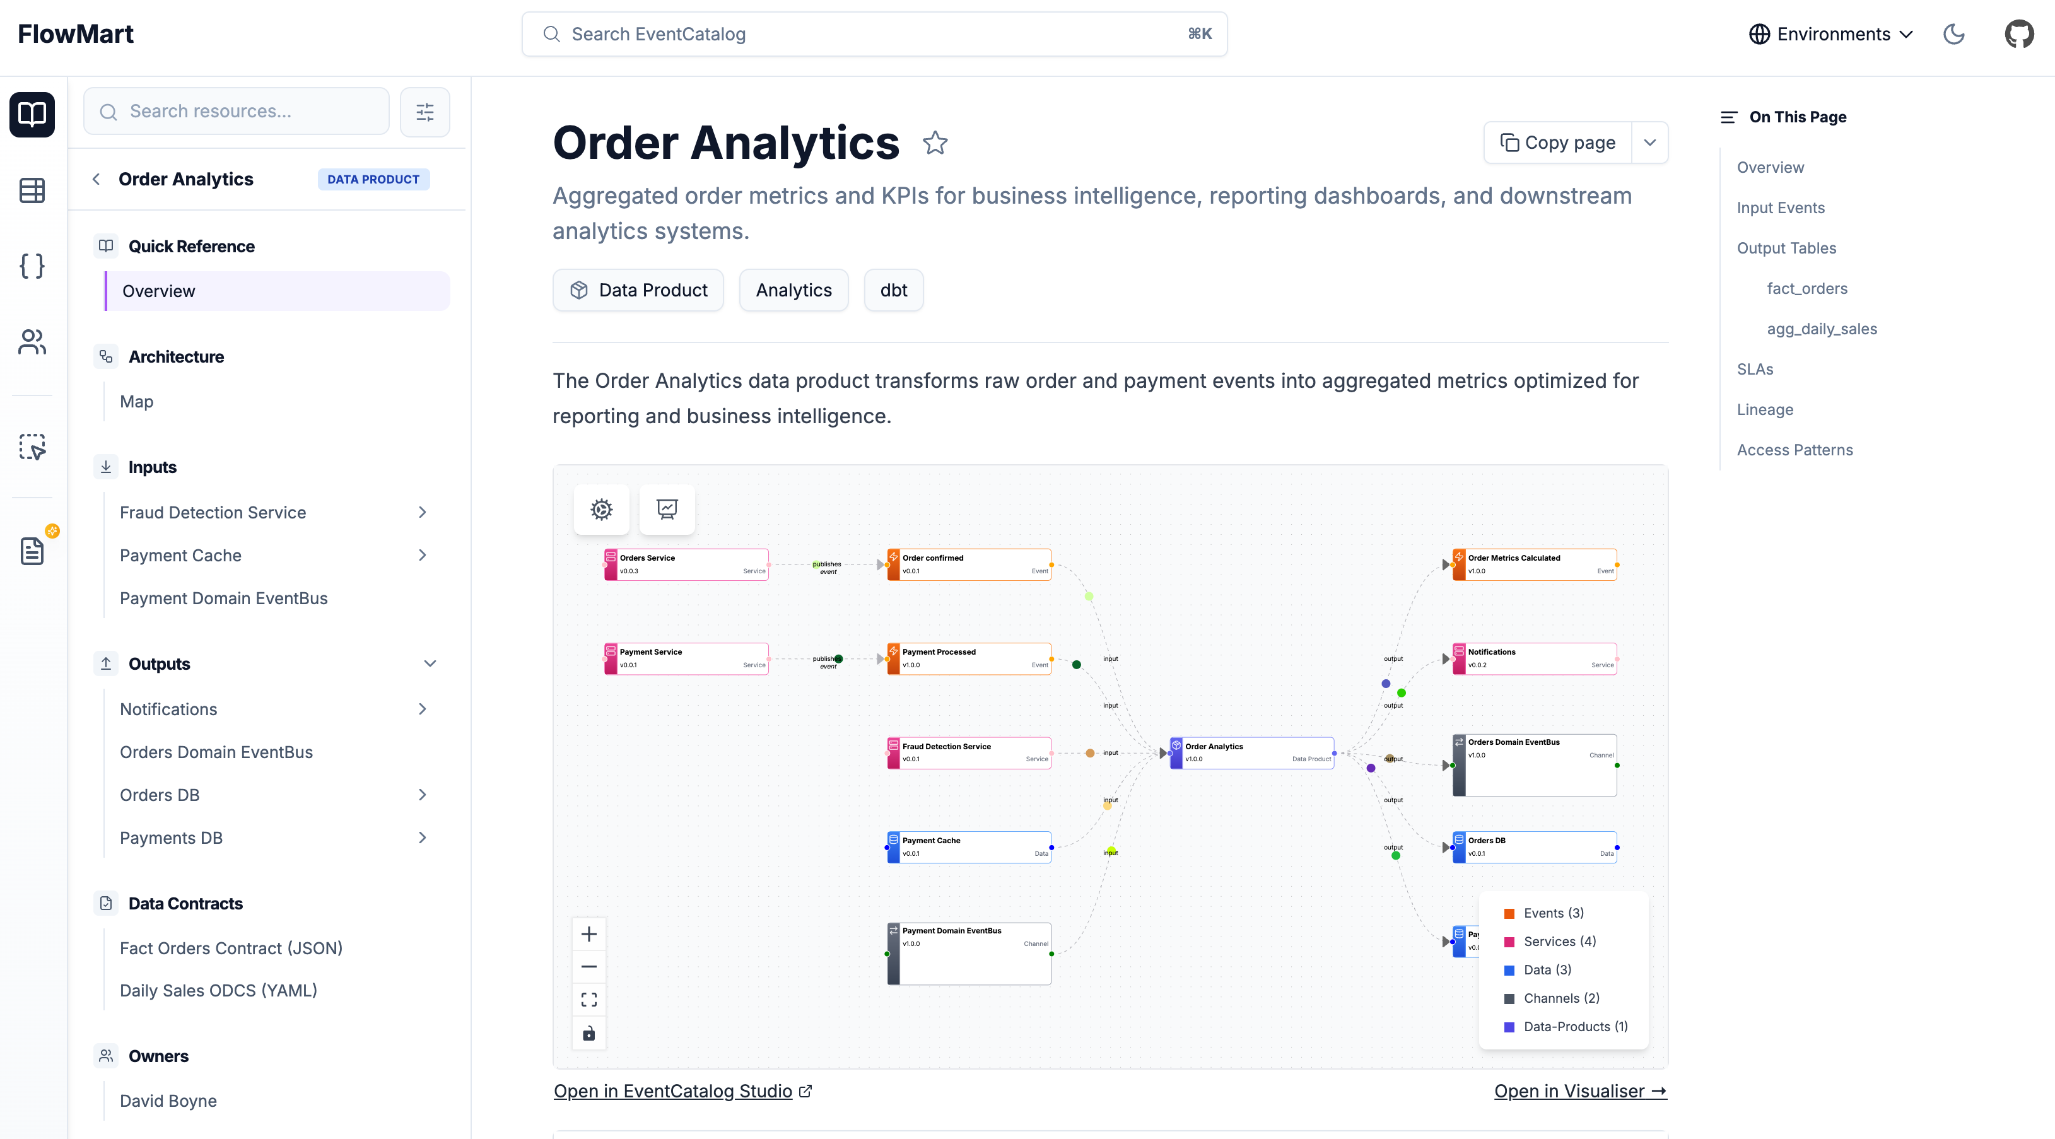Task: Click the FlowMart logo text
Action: tap(76, 34)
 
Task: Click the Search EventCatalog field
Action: tap(874, 34)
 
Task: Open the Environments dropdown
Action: tap(1831, 34)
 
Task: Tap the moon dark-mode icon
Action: tap(1953, 34)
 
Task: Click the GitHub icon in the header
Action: tap(2018, 34)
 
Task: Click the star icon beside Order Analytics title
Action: tap(935, 144)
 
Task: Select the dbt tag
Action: tap(894, 290)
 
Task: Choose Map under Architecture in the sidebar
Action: tap(136, 401)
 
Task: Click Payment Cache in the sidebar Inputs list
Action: tap(180, 555)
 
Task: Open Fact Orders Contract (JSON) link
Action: tap(231, 947)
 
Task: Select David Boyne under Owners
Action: tap(168, 1101)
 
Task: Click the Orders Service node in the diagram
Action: tap(687, 564)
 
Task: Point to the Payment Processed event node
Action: tap(969, 658)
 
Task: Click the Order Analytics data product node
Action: tap(1251, 752)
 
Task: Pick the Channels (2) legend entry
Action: tap(1561, 998)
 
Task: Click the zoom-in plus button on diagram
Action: tap(588, 934)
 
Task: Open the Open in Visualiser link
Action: tap(1579, 1091)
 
